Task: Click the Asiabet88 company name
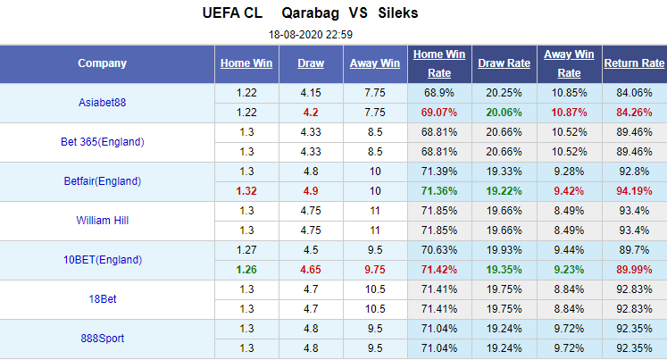pyautogui.click(x=102, y=103)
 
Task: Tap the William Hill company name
pyautogui.click(x=102, y=221)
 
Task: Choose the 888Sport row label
pyautogui.click(x=102, y=339)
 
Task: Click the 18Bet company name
pyautogui.click(x=102, y=299)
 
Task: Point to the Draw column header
pyautogui.click(x=311, y=63)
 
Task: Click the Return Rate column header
pyautogui.click(x=634, y=63)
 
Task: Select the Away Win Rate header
pyautogui.click(x=570, y=63)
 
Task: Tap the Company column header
pyautogui.click(x=102, y=63)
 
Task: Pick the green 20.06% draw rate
pyautogui.click(x=504, y=113)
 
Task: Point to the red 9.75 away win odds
pyautogui.click(x=374, y=270)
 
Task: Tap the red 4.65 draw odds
pyautogui.click(x=311, y=270)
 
